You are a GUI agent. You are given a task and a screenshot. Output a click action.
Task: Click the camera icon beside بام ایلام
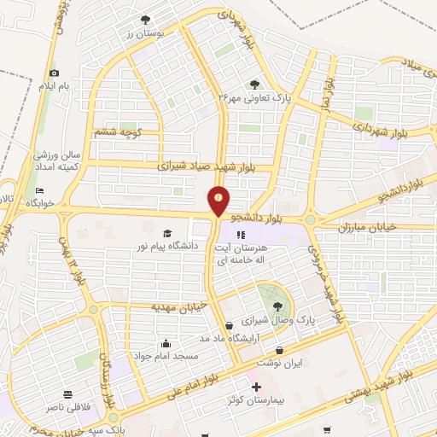(54, 74)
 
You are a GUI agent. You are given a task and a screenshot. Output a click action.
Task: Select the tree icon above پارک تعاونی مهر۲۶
(254, 84)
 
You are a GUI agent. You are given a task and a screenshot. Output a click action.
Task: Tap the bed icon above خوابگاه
(38, 191)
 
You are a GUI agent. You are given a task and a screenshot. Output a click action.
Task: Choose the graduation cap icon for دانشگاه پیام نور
(167, 232)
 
